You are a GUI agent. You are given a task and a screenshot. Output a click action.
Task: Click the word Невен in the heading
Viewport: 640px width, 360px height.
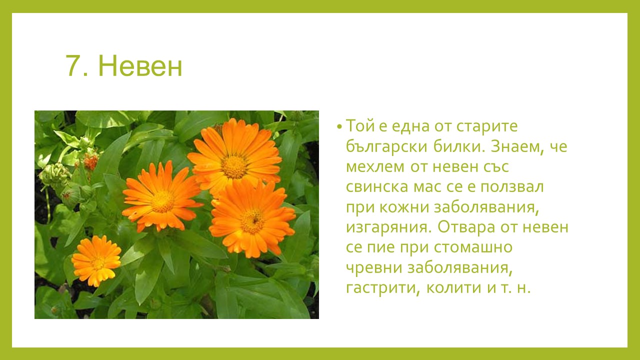(140, 66)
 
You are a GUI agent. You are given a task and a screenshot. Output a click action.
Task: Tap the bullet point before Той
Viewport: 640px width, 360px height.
(339, 126)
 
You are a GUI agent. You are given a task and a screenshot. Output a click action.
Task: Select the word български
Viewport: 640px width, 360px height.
(386, 146)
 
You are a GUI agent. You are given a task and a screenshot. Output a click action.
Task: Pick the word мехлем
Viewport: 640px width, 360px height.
(375, 167)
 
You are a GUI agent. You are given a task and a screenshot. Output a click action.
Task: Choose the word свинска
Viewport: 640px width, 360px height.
(377, 187)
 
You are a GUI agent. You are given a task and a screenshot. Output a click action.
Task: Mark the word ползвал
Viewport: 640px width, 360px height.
(512, 187)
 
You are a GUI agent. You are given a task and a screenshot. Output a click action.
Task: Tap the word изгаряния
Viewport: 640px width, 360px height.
(388, 228)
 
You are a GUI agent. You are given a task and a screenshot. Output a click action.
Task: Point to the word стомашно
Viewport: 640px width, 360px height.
(473, 247)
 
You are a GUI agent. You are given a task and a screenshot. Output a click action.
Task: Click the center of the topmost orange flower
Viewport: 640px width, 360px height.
(234, 166)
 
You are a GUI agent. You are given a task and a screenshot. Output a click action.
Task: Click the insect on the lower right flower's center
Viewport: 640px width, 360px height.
(254, 220)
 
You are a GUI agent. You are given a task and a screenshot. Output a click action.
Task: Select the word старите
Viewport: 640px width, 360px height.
(487, 126)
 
